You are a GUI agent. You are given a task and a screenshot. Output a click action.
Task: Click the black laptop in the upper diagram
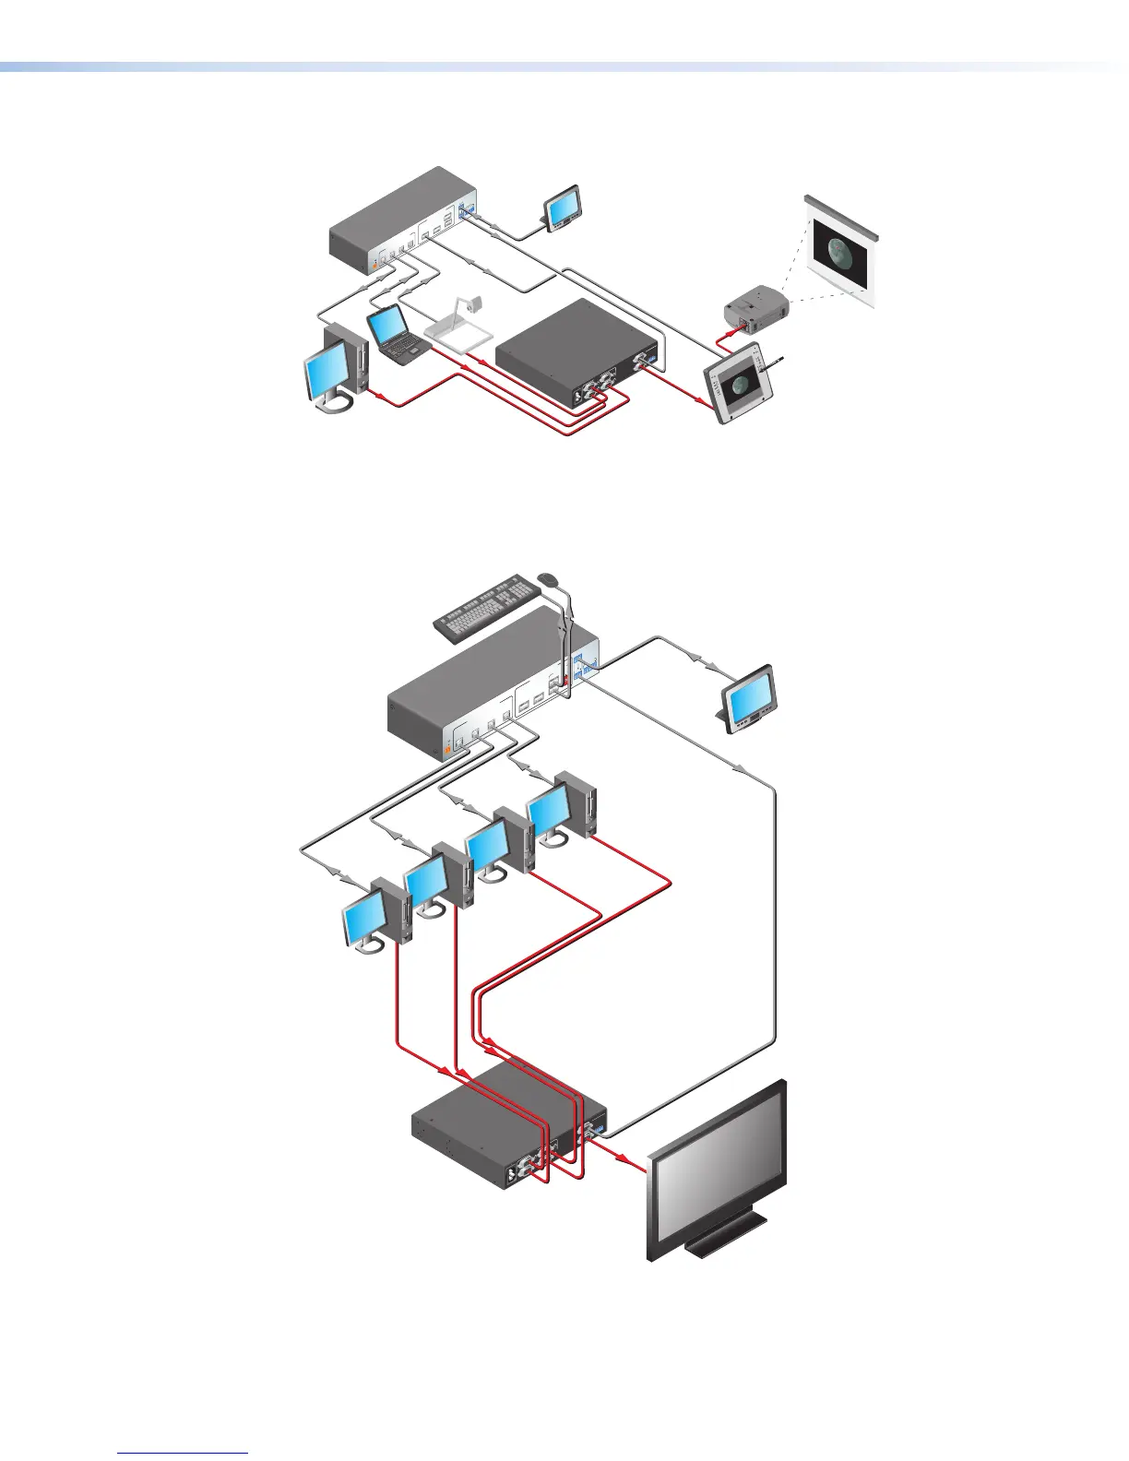click(395, 333)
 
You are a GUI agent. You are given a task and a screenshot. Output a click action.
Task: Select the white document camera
click(461, 327)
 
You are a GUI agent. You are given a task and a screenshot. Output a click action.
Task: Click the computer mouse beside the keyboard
click(548, 578)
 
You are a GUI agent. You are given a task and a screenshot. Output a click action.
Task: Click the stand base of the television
click(729, 1240)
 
